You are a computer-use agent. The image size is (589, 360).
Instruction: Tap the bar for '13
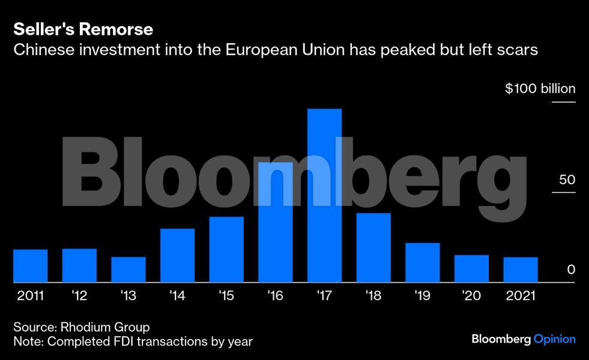[x=128, y=269]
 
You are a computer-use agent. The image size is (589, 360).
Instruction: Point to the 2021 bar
[x=521, y=269]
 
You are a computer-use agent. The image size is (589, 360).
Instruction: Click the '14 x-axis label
[x=177, y=296]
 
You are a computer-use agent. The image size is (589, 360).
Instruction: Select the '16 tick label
[x=276, y=296]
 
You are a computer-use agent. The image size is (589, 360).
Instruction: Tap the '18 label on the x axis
[x=373, y=296]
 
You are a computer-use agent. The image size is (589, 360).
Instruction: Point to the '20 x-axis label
[x=471, y=296]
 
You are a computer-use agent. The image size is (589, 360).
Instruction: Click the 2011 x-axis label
[x=30, y=296]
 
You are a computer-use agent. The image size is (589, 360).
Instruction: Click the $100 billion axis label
[x=540, y=89]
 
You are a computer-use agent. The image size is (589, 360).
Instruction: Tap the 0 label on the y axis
[x=571, y=270]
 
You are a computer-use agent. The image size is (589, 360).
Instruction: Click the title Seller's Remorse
[x=83, y=29]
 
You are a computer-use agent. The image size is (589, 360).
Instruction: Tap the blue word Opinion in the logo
[x=555, y=340]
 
